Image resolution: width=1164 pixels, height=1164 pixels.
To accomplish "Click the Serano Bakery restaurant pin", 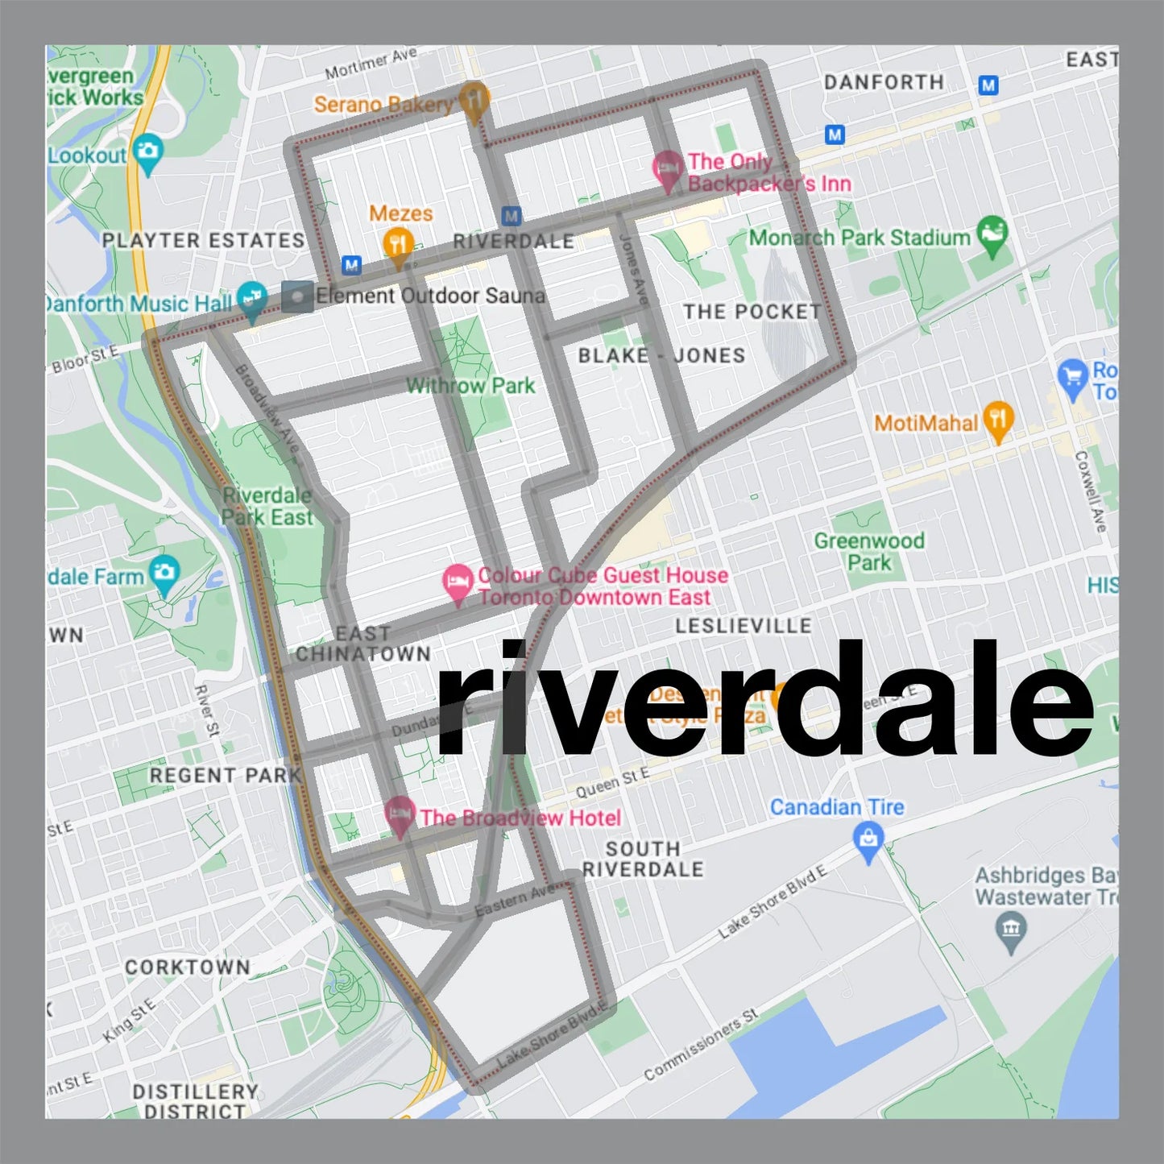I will pyautogui.click(x=475, y=100).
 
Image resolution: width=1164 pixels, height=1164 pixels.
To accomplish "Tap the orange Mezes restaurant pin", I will pyautogui.click(x=398, y=243).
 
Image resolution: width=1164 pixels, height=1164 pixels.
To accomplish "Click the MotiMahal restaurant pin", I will pyautogui.click(x=998, y=420).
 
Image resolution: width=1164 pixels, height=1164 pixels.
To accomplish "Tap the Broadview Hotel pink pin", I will pyautogui.click(x=400, y=815).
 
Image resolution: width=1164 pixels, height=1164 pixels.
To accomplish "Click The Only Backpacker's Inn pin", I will pyautogui.click(x=668, y=168).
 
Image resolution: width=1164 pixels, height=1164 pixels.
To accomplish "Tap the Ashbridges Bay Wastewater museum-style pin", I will pyautogui.click(x=1011, y=929).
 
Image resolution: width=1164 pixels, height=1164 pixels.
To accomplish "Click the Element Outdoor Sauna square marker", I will pyautogui.click(x=297, y=296).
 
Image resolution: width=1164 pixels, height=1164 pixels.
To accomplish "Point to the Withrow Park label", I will pyautogui.click(x=470, y=386).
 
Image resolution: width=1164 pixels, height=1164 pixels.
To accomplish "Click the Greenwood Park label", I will pyautogui.click(x=868, y=551).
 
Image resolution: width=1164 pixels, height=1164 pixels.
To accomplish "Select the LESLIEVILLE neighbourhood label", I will pyautogui.click(x=743, y=626).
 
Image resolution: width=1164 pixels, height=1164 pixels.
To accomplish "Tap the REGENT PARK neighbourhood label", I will pyautogui.click(x=225, y=775).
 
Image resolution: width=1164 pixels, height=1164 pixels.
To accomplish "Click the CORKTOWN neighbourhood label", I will pyautogui.click(x=187, y=967).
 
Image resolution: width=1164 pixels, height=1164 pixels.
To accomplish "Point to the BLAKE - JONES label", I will pyautogui.click(x=661, y=355).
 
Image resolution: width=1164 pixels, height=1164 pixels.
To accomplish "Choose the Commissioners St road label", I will pyautogui.click(x=701, y=1044).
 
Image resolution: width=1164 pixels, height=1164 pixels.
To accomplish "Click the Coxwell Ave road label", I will pyautogui.click(x=1090, y=491).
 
